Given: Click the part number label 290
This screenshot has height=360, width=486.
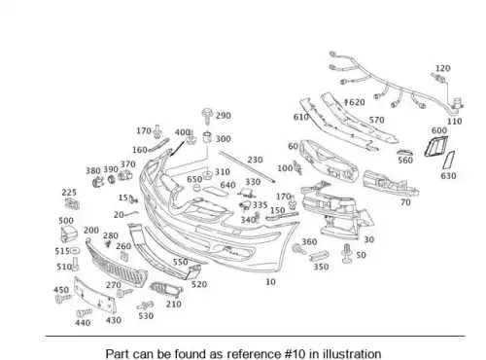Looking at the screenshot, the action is tap(224, 116).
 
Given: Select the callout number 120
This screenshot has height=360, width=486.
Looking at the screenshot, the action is tap(442, 68).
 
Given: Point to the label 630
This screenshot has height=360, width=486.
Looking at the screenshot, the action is tap(448, 176).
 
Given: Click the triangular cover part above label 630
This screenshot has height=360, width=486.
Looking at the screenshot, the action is tap(449, 161).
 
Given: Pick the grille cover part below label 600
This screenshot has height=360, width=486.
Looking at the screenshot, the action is tap(435, 146).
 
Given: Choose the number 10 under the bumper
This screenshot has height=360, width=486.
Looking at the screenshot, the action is tap(270, 282).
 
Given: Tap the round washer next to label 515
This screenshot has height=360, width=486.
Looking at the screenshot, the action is tap(75, 251).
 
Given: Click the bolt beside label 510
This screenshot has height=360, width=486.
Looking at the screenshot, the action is tap(76, 264).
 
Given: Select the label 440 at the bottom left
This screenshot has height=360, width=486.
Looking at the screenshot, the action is tap(83, 323).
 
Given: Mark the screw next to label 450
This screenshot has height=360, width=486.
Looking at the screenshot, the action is tap(63, 299).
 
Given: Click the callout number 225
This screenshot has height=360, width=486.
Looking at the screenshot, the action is tap(69, 193).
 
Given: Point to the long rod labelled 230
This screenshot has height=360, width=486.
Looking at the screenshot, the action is tap(248, 166).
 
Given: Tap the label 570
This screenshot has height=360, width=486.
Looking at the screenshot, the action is tap(377, 120).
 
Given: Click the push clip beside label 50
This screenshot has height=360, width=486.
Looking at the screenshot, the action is tap(347, 253).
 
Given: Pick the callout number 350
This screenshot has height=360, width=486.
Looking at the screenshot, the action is tap(321, 267).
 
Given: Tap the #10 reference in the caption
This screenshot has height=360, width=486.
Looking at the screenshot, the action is tap(295, 354).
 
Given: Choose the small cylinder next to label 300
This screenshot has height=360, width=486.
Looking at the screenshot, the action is tap(207, 137).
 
